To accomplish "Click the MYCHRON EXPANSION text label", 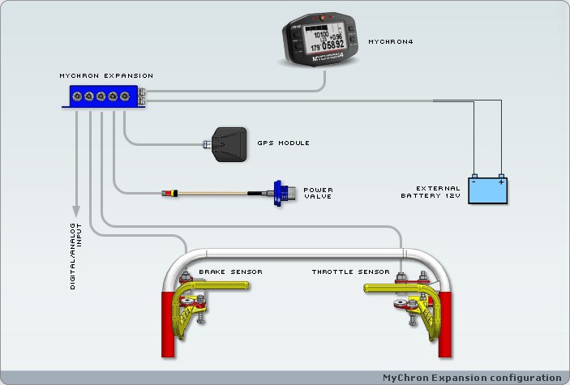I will (x=106, y=75).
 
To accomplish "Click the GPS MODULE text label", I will (x=283, y=143).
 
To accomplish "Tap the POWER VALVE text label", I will (x=319, y=194).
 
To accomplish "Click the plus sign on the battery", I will (x=502, y=183).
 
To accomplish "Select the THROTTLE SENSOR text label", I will (x=350, y=272).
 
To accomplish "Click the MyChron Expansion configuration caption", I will (x=472, y=378).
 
